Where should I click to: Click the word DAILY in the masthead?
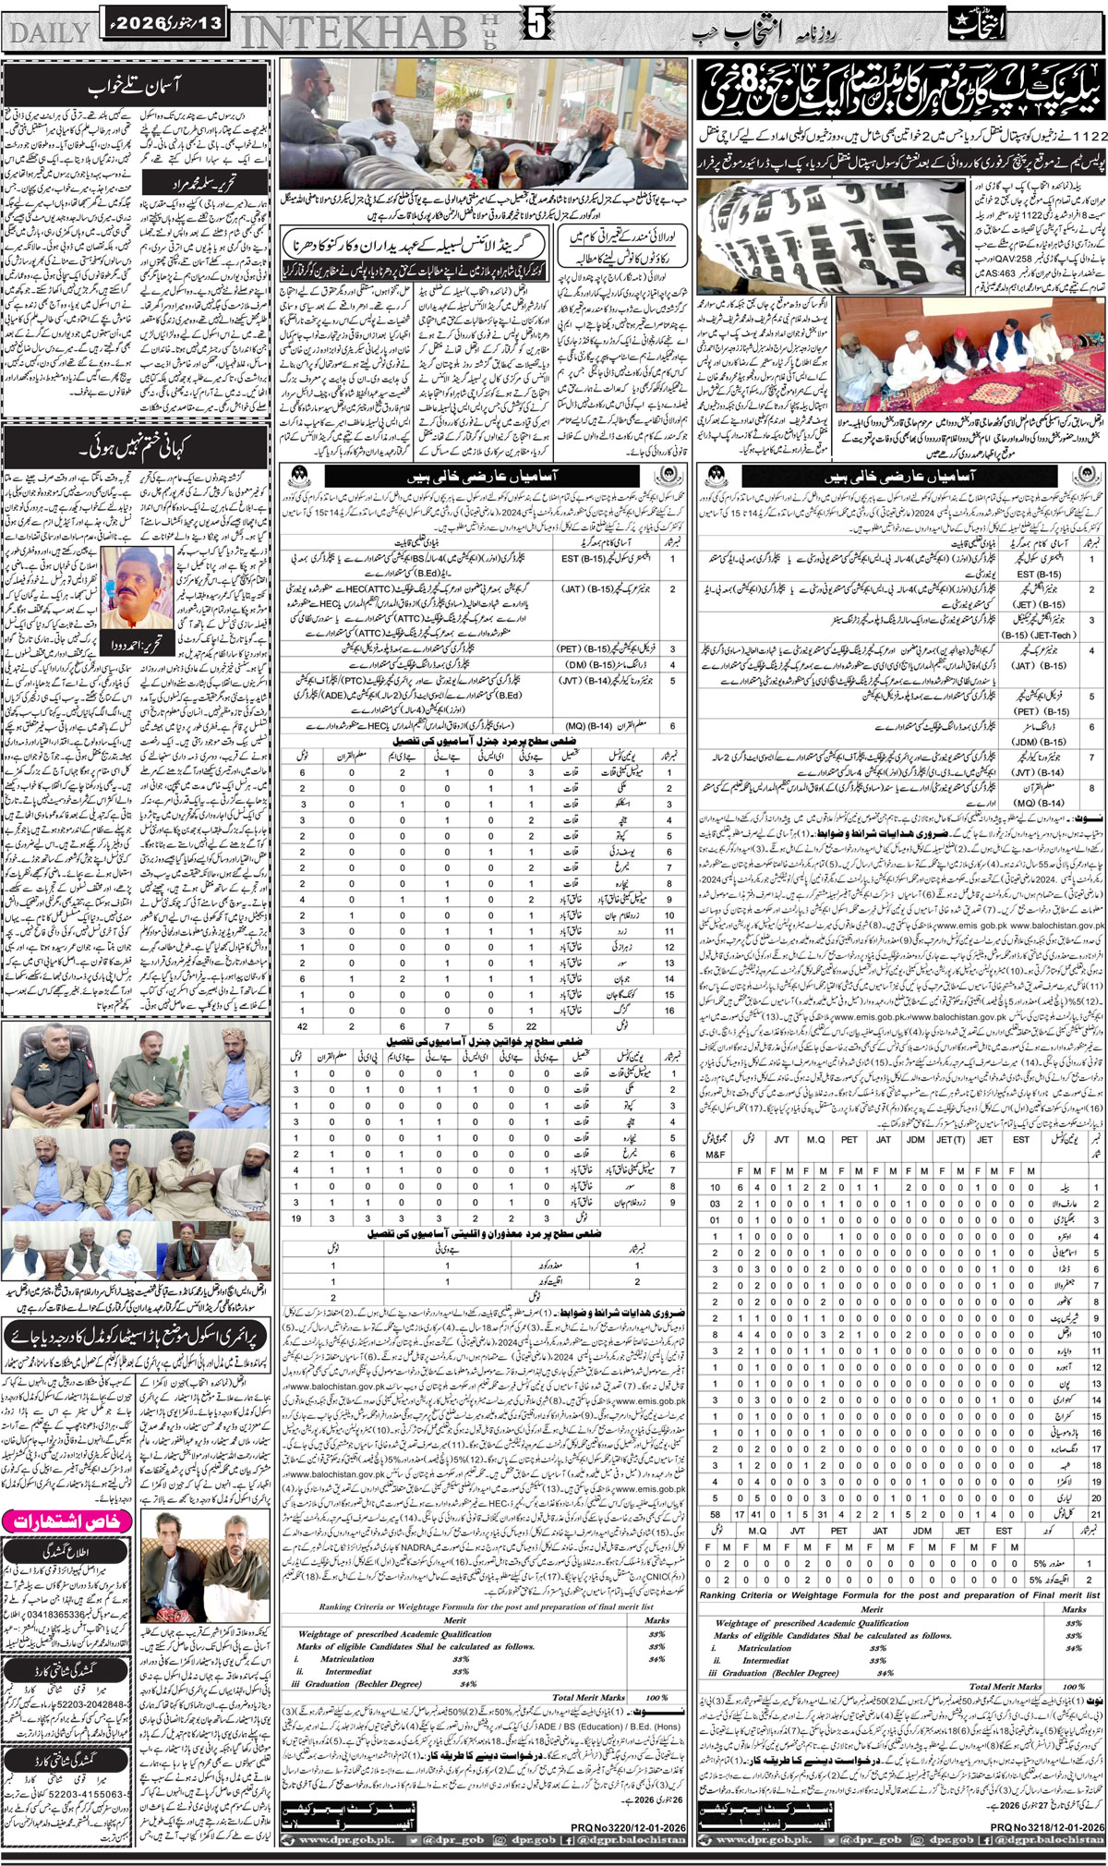[x=48, y=30]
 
